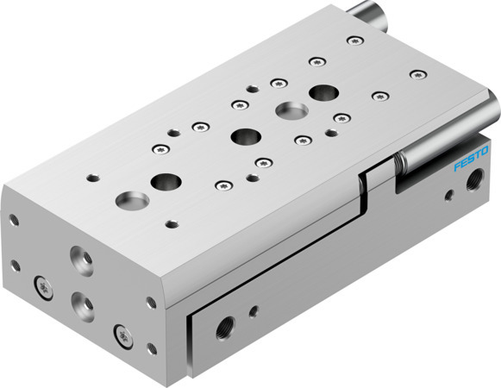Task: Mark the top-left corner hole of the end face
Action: tap(13, 221)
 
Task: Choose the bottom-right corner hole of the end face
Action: tap(152, 348)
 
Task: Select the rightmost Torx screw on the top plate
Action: tap(417, 75)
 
